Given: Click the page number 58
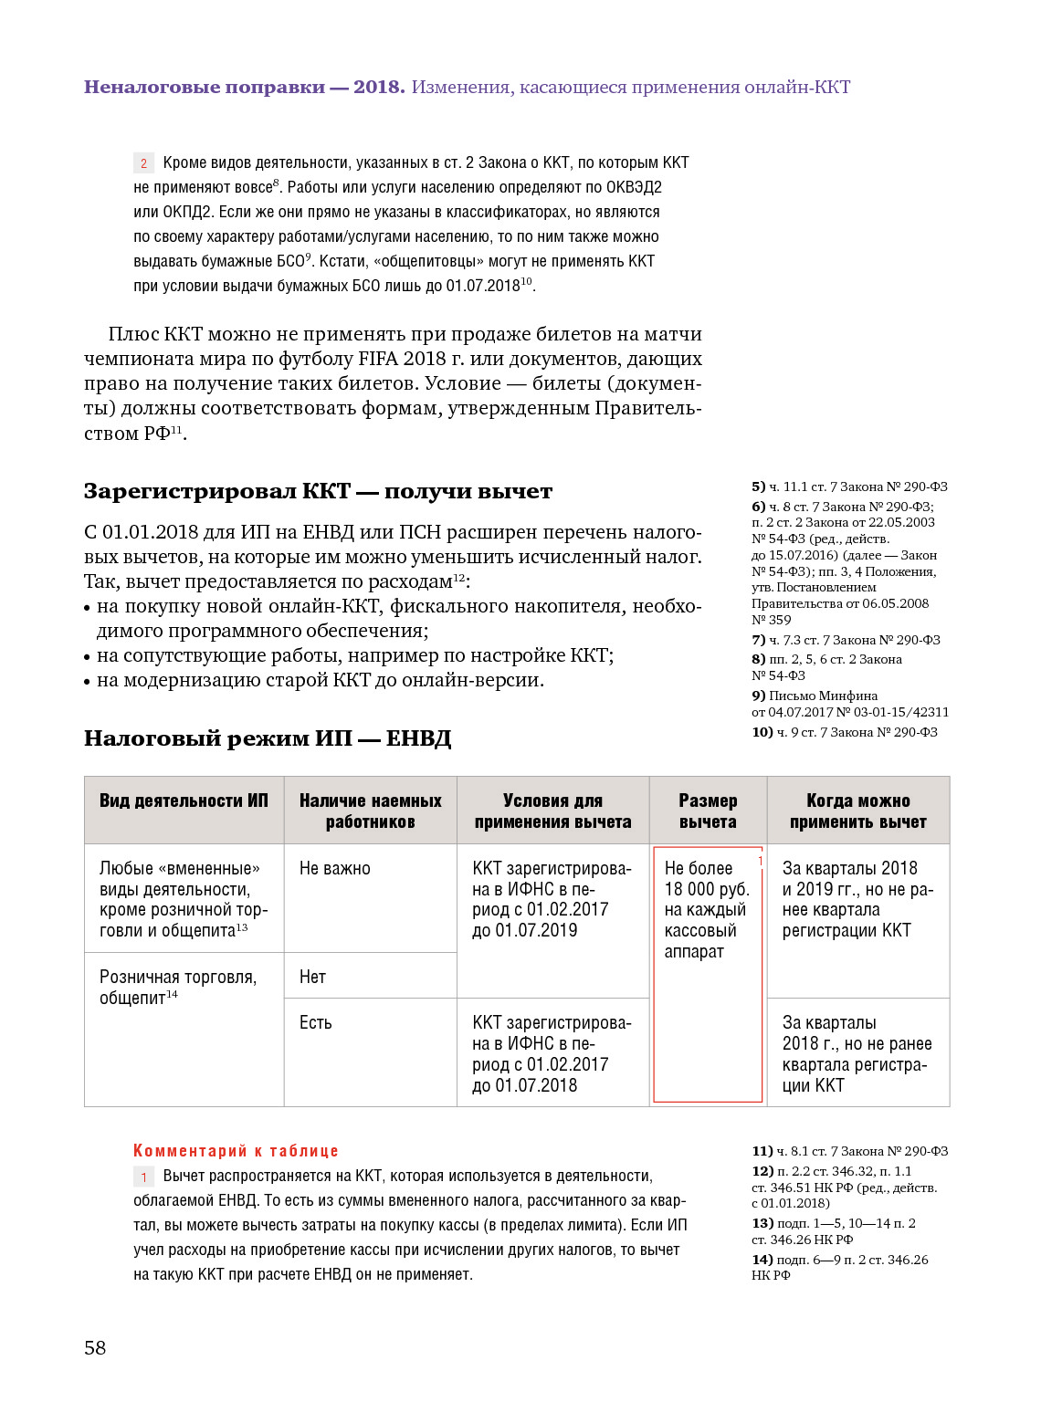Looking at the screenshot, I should [x=95, y=1347].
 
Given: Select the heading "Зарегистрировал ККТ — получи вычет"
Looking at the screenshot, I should [x=318, y=491].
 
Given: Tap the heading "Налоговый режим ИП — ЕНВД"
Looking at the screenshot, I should [x=268, y=738].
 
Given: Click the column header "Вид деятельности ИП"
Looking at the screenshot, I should [x=184, y=800].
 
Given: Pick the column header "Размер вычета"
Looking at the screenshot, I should [x=708, y=811].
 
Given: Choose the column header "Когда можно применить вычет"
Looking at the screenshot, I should [x=857, y=811].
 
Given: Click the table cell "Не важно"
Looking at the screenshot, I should [x=335, y=868].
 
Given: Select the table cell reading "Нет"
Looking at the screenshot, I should [x=312, y=977].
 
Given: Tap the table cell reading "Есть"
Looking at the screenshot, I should [x=315, y=1022].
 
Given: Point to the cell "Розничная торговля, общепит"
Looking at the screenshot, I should [x=178, y=987].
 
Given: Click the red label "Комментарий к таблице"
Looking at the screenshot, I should [x=236, y=1151].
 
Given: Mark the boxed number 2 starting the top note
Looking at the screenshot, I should [x=143, y=163].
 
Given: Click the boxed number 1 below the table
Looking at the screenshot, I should [x=143, y=1177].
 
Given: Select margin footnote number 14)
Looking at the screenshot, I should [x=762, y=1260].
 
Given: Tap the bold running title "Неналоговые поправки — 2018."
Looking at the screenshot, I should [x=244, y=87].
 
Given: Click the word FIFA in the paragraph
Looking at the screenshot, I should [x=384, y=359].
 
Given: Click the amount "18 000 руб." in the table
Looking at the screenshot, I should [x=706, y=889].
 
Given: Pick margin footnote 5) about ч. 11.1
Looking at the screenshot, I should [x=849, y=487].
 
